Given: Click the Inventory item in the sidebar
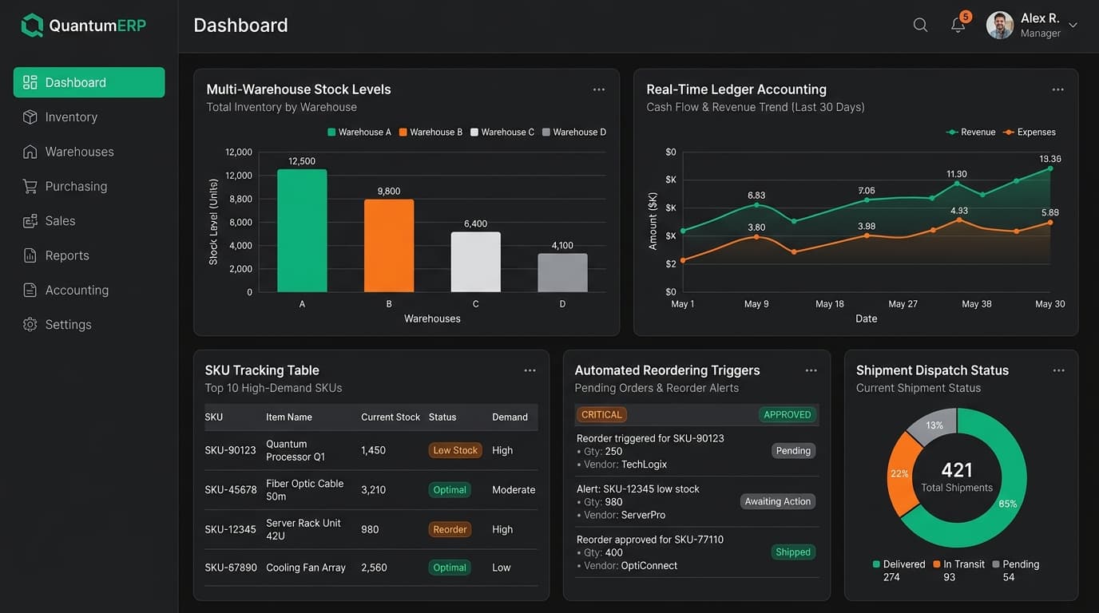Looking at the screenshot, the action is click(61, 117).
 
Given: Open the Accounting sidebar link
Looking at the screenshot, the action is click(65, 291).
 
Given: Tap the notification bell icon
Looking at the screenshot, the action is click(958, 25).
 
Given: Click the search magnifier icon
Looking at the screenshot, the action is click(920, 25).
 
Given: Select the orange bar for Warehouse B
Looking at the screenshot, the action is click(389, 246).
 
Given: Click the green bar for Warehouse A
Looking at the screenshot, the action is click(302, 231).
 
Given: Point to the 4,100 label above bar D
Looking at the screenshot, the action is click(562, 245).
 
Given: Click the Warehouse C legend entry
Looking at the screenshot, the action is click(502, 132).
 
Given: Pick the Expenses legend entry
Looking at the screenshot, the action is click(1030, 132).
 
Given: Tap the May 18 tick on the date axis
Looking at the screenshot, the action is click(830, 304).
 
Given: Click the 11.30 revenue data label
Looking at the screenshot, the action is click(957, 174).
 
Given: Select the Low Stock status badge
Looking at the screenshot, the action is click(455, 450).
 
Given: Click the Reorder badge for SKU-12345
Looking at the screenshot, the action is click(450, 530).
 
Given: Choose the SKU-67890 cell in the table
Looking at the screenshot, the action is click(231, 568).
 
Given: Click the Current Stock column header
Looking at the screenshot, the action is click(391, 417).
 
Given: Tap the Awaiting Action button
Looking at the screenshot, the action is click(778, 501).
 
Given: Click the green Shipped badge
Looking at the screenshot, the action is click(793, 552).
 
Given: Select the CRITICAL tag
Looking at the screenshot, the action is click(601, 415).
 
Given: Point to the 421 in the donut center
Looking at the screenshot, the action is click(957, 470).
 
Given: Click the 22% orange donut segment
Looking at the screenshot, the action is click(901, 474).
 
